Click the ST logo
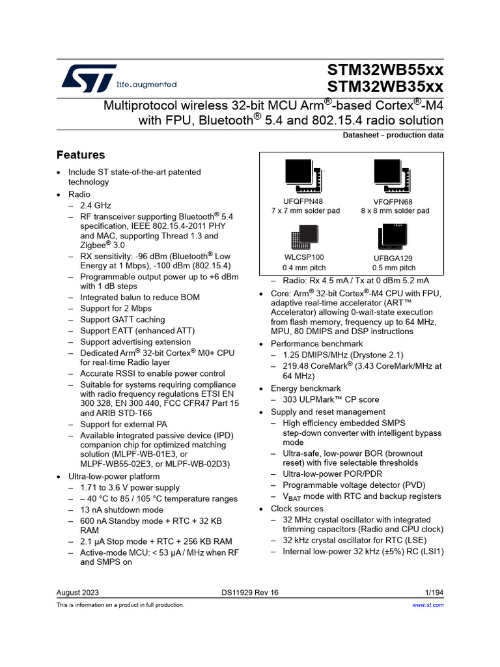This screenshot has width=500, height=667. (89, 78)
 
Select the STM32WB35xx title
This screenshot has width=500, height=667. (385, 87)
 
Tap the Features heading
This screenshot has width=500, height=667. (81, 155)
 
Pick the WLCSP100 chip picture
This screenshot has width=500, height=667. (303, 238)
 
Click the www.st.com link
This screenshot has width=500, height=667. (428, 605)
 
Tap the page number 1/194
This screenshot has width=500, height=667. (434, 592)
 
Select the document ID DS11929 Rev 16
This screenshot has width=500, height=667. (250, 592)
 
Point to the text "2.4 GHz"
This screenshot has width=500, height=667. (96, 206)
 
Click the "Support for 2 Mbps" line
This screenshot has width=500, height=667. (116, 308)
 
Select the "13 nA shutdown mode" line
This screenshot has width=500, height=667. (122, 510)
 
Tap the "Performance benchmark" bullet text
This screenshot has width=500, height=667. (317, 344)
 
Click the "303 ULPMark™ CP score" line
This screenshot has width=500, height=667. (331, 400)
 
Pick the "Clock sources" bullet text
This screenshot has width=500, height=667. (297, 509)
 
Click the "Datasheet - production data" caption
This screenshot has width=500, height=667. (393, 135)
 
